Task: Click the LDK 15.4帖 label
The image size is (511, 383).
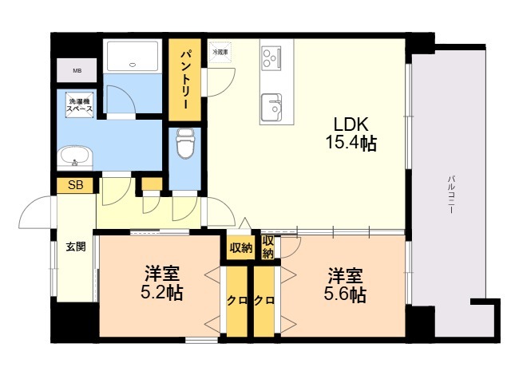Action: click(350, 134)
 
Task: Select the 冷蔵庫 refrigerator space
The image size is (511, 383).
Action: click(220, 52)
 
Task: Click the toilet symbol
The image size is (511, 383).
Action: click(185, 144)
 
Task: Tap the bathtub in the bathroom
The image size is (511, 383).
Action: click(134, 54)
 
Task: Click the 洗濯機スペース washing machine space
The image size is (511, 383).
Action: click(79, 105)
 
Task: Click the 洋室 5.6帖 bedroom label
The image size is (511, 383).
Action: click(345, 285)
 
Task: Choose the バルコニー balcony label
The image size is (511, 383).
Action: click(451, 192)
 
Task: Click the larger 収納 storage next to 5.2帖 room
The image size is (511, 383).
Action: click(240, 248)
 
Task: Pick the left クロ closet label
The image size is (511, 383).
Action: click(236, 300)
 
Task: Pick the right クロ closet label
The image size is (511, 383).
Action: click(265, 300)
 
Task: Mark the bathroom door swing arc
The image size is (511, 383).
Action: click(120, 100)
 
